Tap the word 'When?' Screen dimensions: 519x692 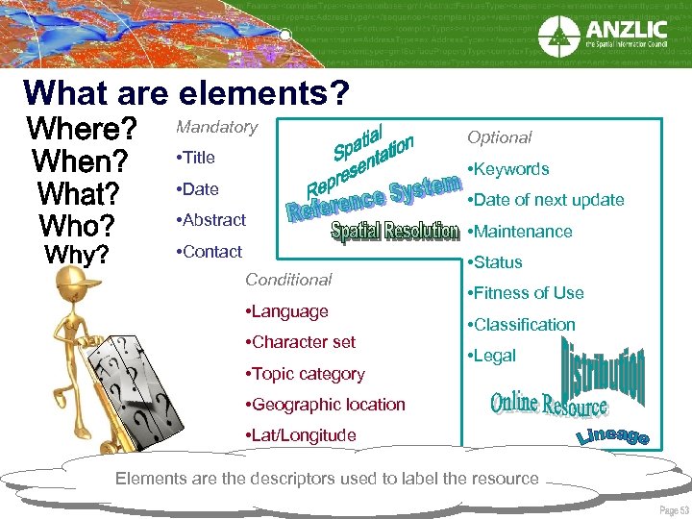click(82, 161)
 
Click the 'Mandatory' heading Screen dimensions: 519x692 click(216, 127)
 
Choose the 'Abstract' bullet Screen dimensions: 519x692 click(211, 220)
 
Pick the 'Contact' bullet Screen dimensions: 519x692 click(210, 252)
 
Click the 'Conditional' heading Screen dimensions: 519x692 click(288, 280)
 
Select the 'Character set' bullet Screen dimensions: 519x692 click(301, 342)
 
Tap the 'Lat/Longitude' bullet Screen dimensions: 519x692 click(301, 435)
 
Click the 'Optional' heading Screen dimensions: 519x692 click(499, 137)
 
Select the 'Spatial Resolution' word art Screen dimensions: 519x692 click(394, 232)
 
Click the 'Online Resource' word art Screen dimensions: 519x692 click(549, 404)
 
